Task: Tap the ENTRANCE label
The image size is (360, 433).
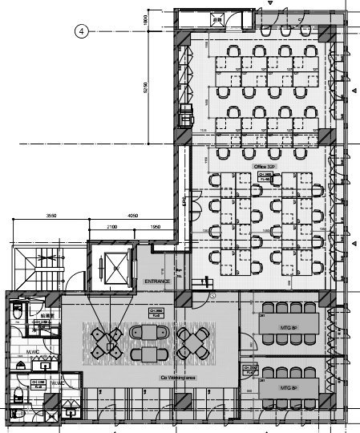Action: tap(159, 282)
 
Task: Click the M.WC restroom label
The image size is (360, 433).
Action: tap(33, 351)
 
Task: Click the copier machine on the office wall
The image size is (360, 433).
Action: tap(186, 114)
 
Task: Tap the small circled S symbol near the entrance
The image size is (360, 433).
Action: tap(212, 295)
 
